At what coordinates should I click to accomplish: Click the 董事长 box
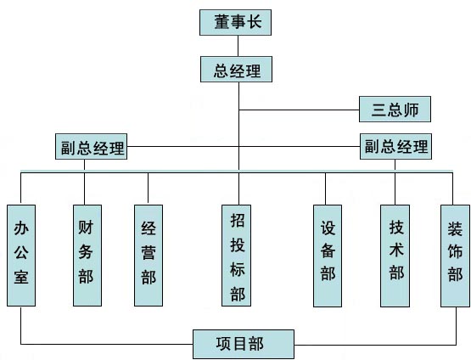[236, 23]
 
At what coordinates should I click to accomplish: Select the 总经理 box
[237, 69]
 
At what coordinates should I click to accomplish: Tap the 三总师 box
[395, 109]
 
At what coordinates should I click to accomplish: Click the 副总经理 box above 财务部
[92, 147]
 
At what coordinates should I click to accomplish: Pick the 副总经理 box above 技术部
[396, 147]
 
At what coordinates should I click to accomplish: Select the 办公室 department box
[21, 256]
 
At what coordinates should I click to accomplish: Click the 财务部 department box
[87, 256]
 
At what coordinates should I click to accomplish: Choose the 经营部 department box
[149, 256]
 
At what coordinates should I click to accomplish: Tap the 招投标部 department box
[237, 256]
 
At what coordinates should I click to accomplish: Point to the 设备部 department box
[328, 256]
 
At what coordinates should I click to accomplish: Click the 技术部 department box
[395, 256]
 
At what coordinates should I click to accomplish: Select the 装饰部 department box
[456, 256]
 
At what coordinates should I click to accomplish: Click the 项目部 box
[244, 344]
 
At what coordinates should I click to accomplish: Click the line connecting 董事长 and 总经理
[238, 46]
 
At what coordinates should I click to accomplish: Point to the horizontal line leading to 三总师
[300, 110]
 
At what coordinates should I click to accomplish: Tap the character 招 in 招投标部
[238, 220]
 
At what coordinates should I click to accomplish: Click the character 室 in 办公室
[21, 277]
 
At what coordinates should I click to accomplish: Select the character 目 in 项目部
[239, 344]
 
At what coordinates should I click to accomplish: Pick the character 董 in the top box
[221, 22]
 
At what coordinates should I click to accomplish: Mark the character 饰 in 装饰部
[455, 251]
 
